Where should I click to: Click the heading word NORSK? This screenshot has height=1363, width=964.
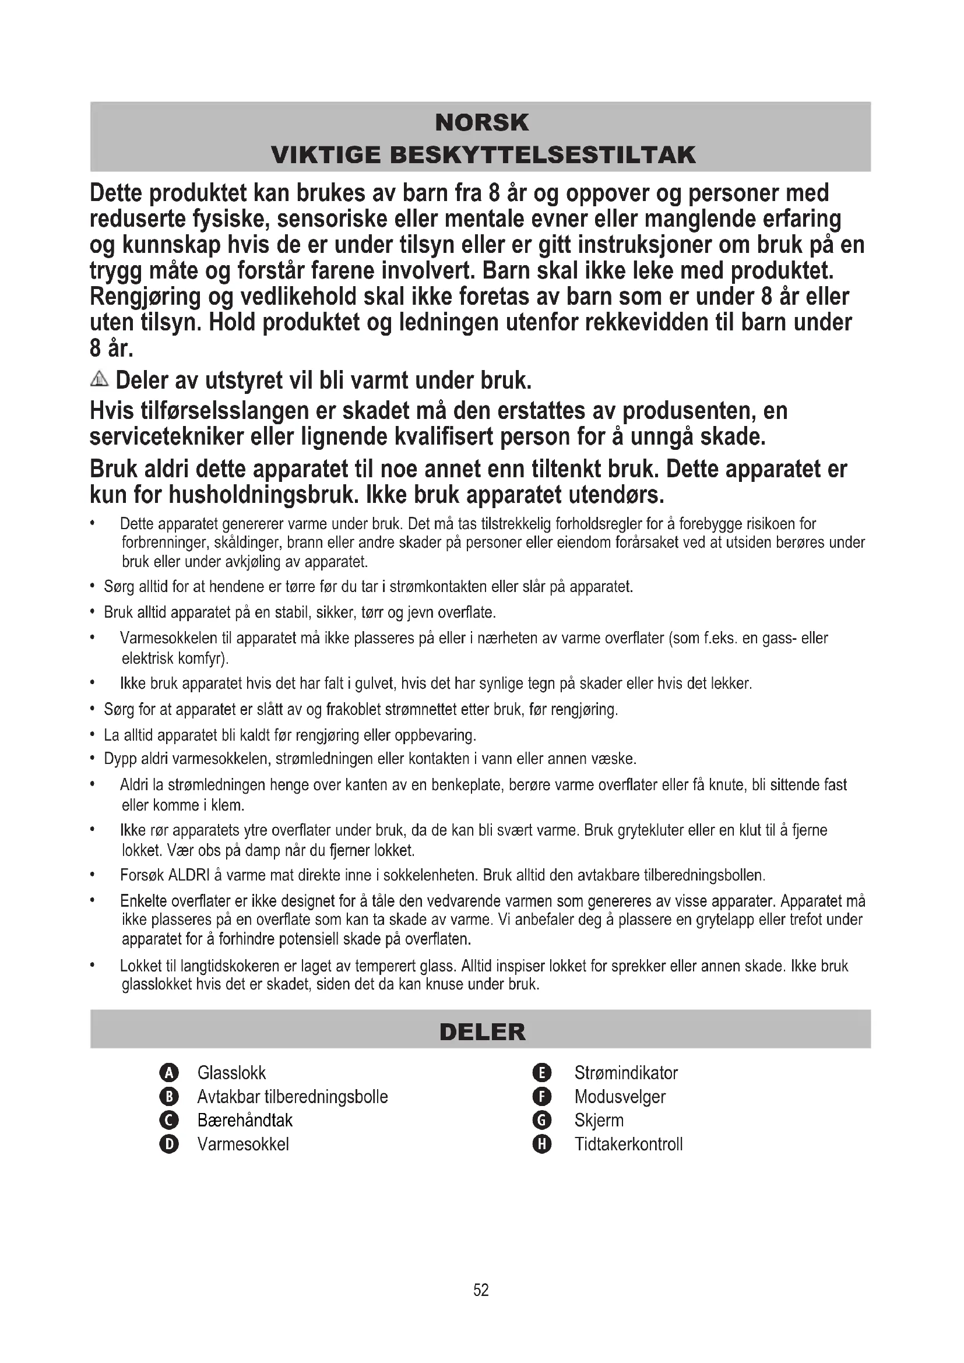pos(481,123)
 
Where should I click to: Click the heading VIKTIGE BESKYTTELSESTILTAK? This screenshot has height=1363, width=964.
pos(483,155)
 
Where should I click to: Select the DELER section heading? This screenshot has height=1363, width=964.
pos(482,1032)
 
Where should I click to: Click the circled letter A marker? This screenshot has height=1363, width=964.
pos(169,1073)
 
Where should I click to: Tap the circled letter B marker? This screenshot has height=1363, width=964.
pos(169,1097)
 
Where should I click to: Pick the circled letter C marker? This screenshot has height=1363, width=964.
pos(169,1120)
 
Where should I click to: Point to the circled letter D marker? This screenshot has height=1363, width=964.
pos(169,1144)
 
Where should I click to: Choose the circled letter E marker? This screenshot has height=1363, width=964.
pos(543,1073)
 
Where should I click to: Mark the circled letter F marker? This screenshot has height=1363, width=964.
pos(543,1097)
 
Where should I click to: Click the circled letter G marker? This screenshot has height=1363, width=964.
pos(543,1120)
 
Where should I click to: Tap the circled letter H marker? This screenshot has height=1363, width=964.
pos(543,1144)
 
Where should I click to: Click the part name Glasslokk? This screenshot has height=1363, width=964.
pos(231,1073)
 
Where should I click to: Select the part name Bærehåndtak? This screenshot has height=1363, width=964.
pos(245,1120)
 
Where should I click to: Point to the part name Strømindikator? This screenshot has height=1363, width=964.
pos(625,1073)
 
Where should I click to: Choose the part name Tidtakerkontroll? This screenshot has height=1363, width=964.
pos(628,1144)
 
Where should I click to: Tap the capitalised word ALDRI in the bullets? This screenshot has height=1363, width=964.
pos(187,876)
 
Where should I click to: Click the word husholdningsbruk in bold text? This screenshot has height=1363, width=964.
pos(263,495)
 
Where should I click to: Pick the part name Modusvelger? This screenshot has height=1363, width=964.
pos(620,1097)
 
